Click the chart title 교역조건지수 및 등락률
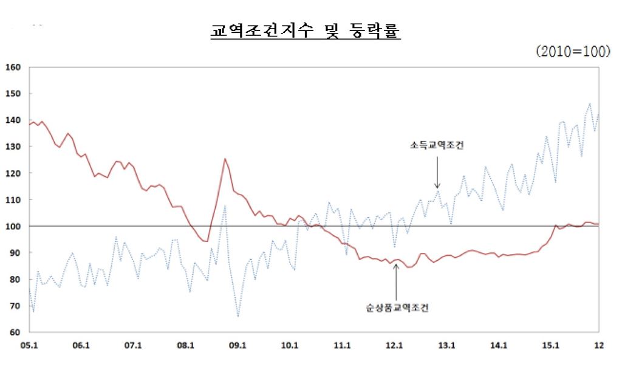pyautogui.click(x=305, y=31)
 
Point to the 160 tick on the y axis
pyautogui.click(x=13, y=67)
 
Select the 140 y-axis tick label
pyautogui.click(x=13, y=120)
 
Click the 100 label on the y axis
pyautogui.click(x=13, y=226)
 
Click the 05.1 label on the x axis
pyautogui.click(x=29, y=345)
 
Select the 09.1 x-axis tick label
pyautogui.click(x=238, y=345)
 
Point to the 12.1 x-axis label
pyautogui.click(x=394, y=345)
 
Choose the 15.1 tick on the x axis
pyautogui.click(x=550, y=345)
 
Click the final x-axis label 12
pyautogui.click(x=598, y=345)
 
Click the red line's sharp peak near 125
pyautogui.click(x=225, y=159)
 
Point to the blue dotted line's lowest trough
pyautogui.click(x=238, y=316)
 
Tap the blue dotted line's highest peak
pyautogui.click(x=589, y=103)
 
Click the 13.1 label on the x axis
pyautogui.click(x=446, y=345)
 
